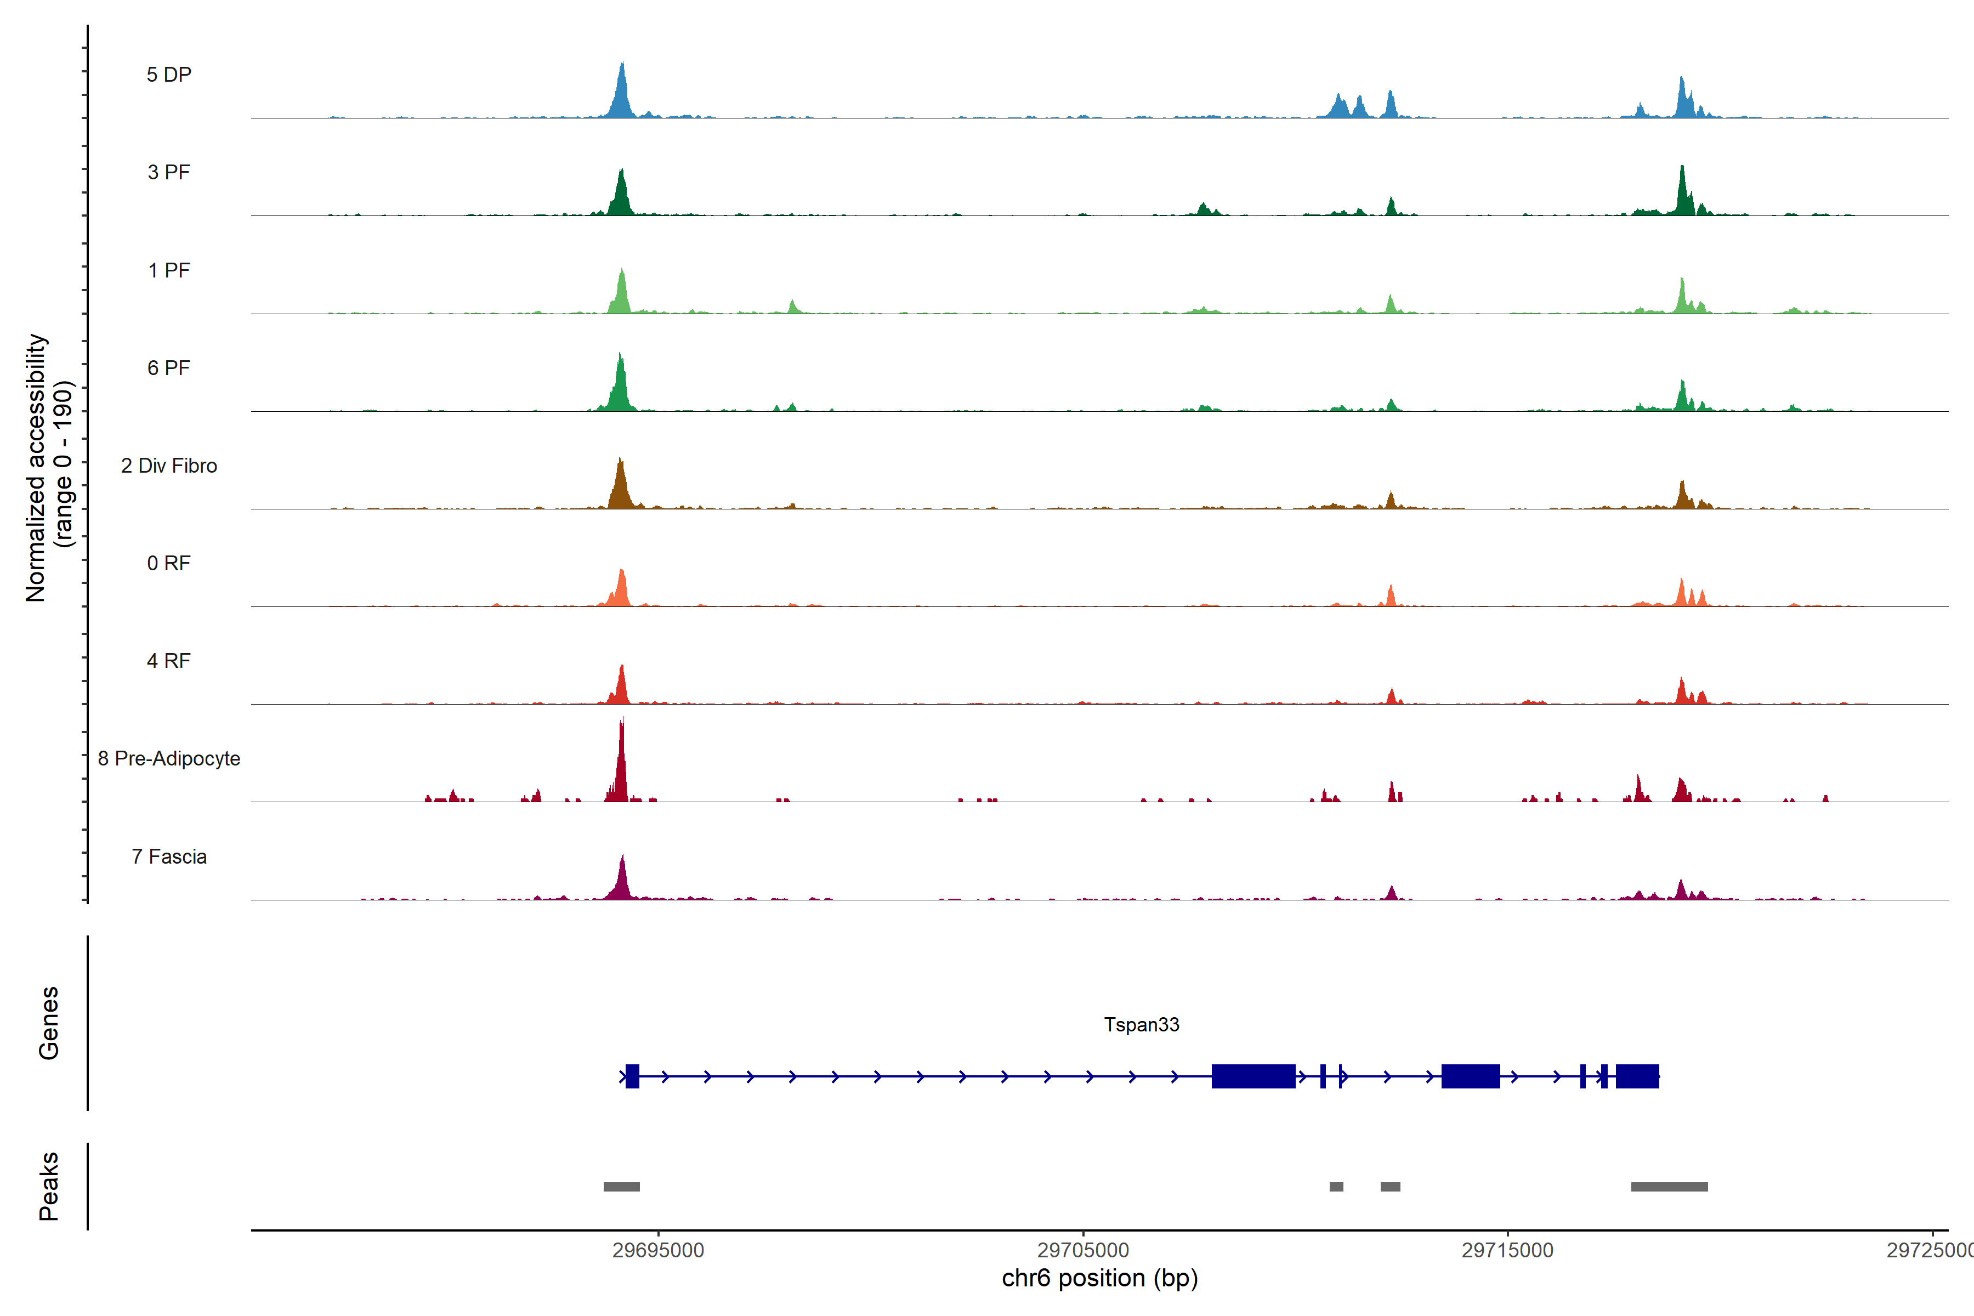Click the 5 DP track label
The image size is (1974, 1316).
coord(169,75)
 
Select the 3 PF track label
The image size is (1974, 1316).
coord(169,172)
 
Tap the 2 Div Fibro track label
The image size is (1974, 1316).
coord(169,466)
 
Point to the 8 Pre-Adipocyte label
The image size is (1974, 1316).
coord(169,759)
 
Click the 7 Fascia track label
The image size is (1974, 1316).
coord(169,857)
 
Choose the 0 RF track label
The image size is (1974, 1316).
coord(169,563)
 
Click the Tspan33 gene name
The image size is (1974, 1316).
coord(1142,1025)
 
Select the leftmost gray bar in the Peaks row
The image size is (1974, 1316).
coord(621,1187)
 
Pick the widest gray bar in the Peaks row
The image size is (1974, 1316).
coord(1669,1187)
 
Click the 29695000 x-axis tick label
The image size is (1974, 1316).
coord(658,1251)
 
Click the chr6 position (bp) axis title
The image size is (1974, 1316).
coord(1099,1278)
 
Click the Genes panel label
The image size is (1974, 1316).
coord(49,1023)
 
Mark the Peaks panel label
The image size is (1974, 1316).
coord(49,1186)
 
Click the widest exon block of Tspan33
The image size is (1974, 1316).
coord(1253,1076)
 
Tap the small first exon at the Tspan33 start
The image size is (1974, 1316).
coord(632,1076)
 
